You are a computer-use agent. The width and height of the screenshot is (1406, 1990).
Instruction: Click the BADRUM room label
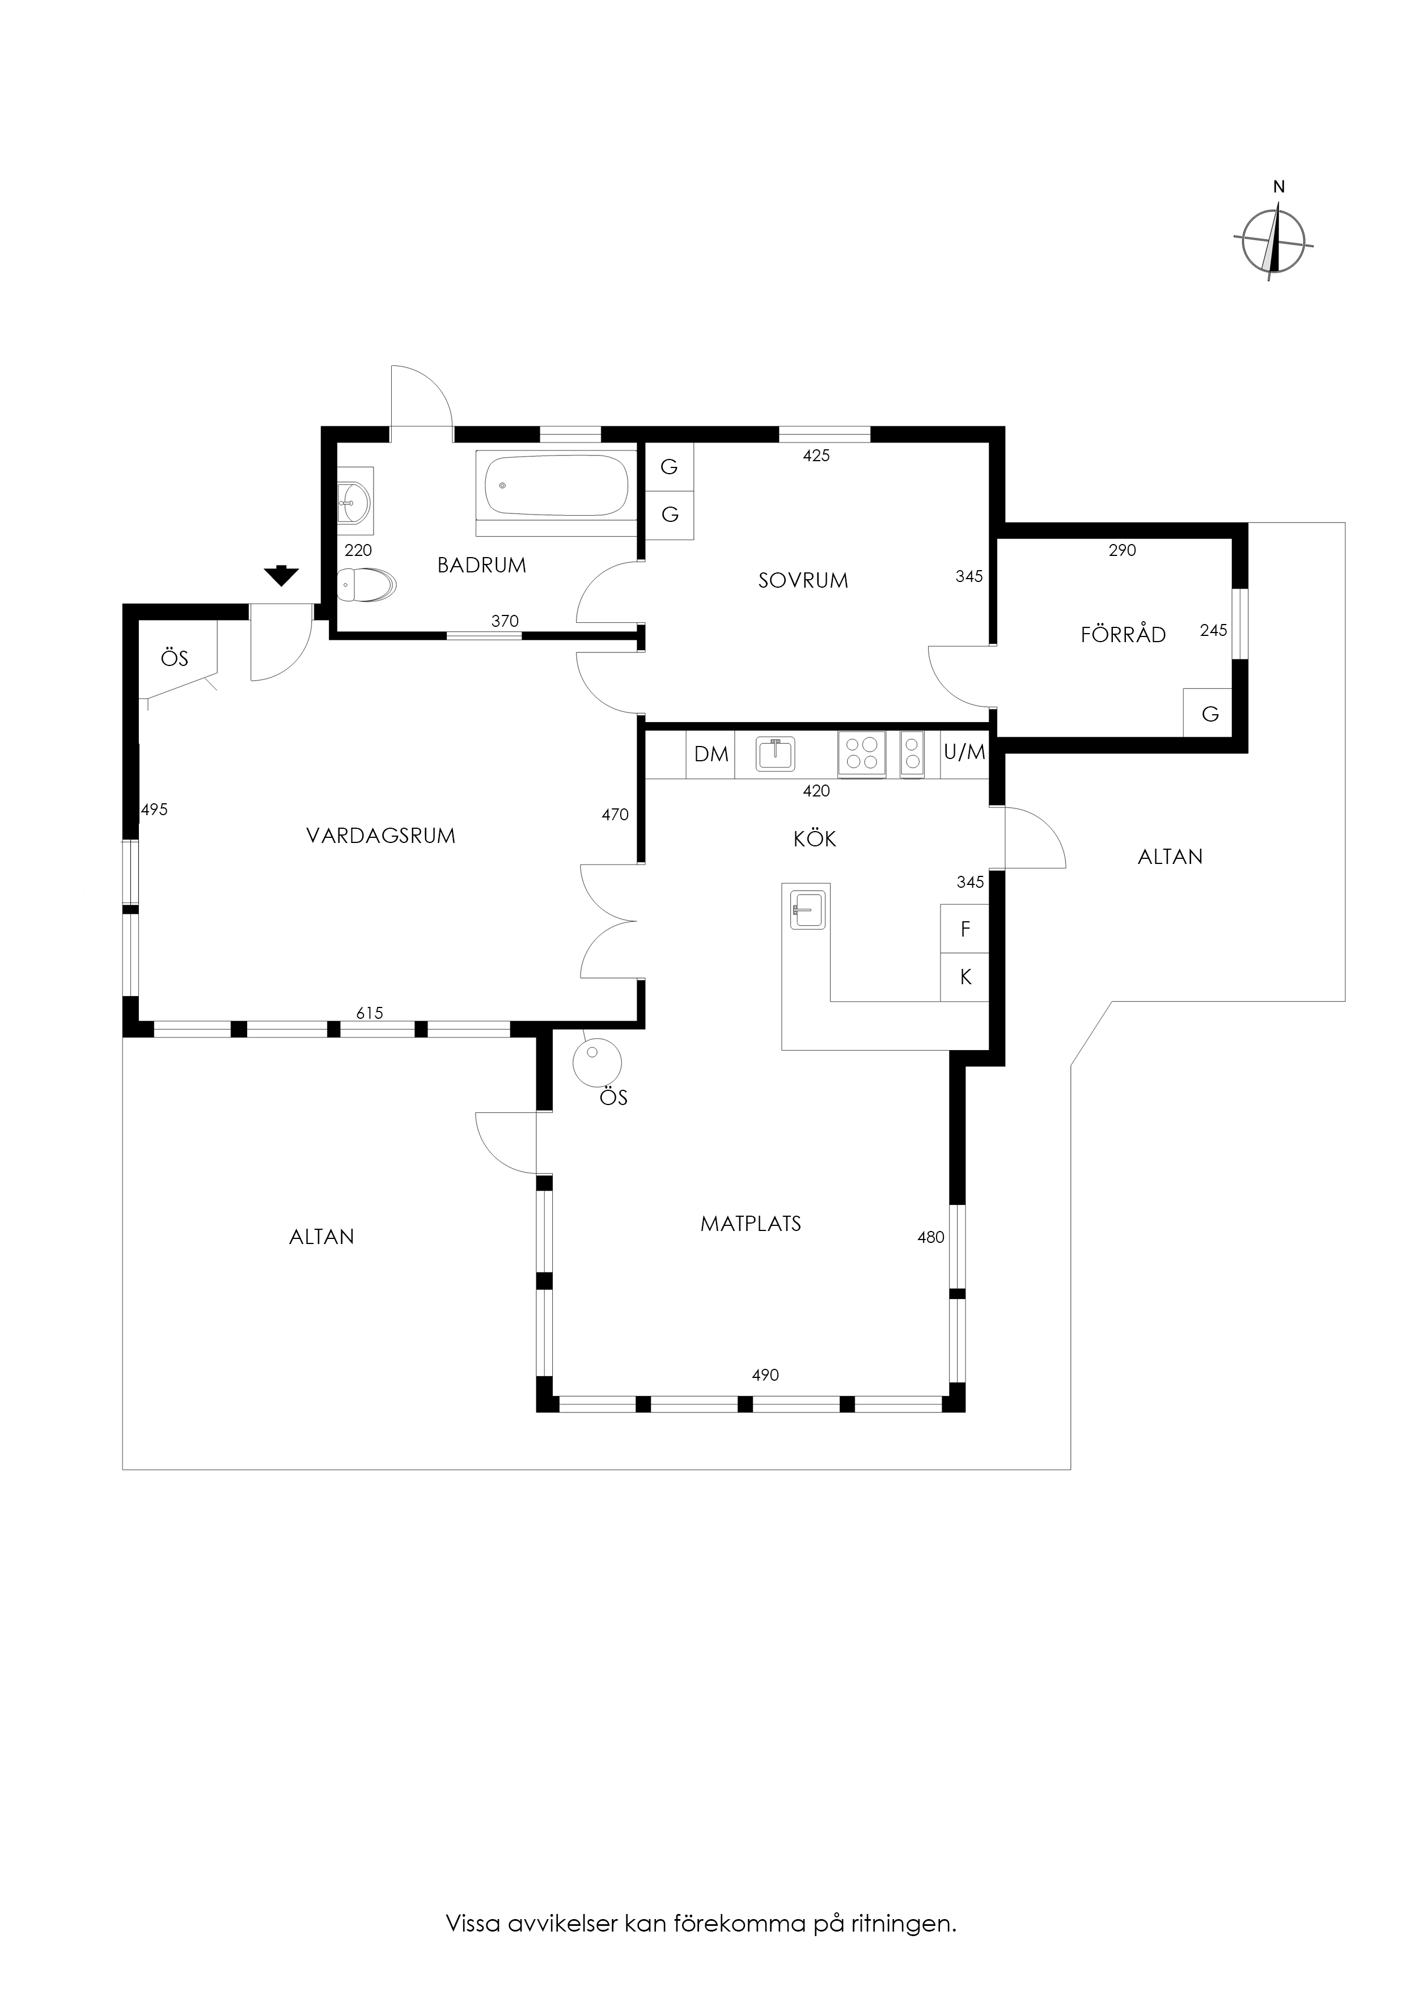pos(482,565)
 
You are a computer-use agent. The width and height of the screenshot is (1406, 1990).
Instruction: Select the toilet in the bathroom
pos(366,585)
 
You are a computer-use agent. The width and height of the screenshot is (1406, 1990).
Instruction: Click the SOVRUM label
pos(803,581)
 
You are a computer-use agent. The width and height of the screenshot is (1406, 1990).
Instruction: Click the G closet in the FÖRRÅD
pos(1209,713)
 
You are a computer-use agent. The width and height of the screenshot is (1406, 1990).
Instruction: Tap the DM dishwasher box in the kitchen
pos(712,754)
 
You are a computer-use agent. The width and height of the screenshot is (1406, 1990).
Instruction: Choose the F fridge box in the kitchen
pos(965,929)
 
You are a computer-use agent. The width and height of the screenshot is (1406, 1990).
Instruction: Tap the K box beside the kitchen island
pos(965,977)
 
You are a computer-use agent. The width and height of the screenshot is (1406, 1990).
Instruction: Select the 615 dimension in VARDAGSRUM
pos(369,1013)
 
